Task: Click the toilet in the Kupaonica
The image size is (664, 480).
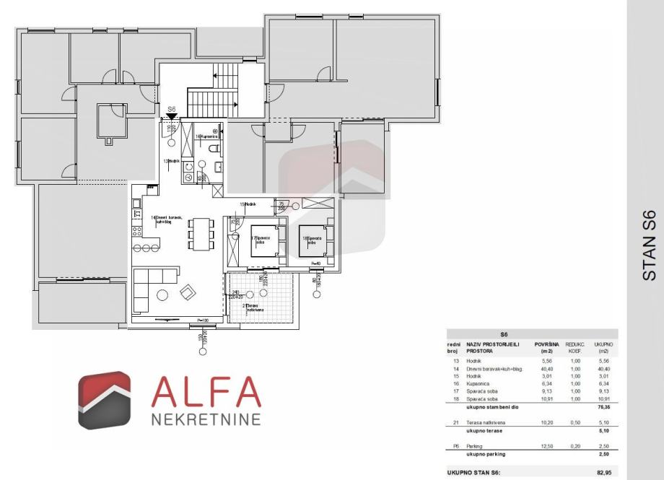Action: click(212, 149)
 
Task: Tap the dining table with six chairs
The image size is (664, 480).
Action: click(201, 234)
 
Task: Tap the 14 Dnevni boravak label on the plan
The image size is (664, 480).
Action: click(167, 220)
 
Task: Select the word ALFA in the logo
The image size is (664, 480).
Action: click(206, 393)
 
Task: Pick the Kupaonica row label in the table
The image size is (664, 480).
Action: click(481, 384)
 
